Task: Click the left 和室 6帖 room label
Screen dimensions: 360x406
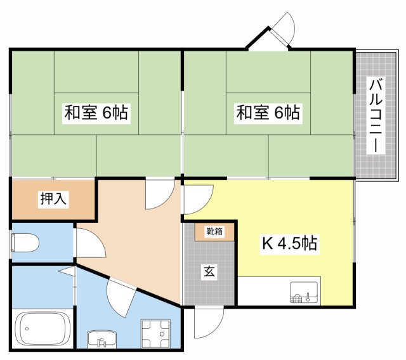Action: [x=96, y=113]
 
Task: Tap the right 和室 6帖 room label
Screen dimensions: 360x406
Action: [x=268, y=113]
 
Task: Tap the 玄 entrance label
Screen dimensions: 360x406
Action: [x=209, y=273]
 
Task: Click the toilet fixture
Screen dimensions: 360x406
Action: [x=26, y=242]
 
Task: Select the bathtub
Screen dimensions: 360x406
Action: [x=42, y=328]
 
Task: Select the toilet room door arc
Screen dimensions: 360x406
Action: [x=88, y=241]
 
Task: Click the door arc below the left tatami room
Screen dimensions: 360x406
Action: [x=159, y=194]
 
